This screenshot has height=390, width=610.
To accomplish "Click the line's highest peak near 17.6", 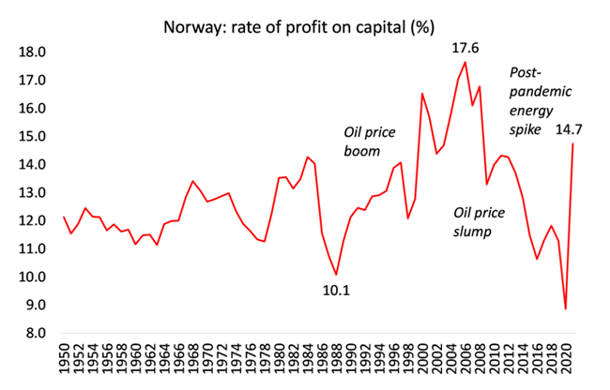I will click(465, 62).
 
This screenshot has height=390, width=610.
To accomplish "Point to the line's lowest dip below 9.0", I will click(565, 308).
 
